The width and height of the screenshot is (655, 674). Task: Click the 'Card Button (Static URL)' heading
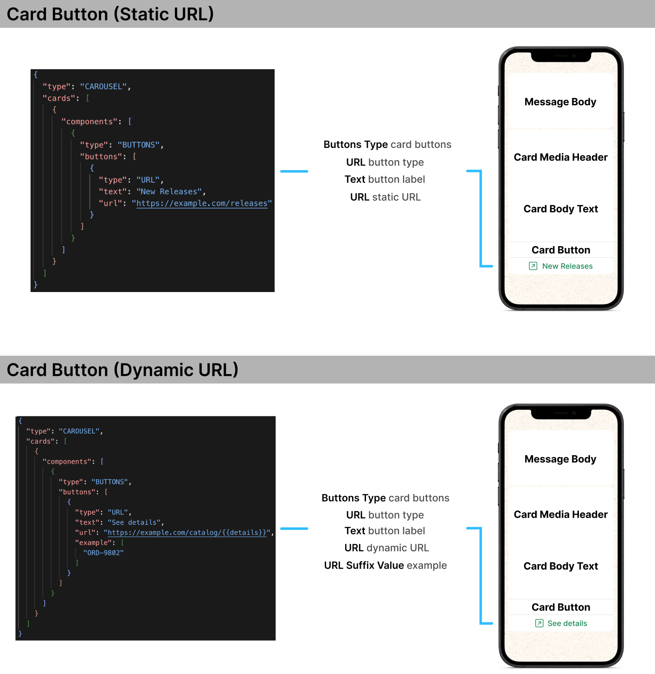coord(110,14)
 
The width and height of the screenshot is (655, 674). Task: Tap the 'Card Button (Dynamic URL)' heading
coord(122,369)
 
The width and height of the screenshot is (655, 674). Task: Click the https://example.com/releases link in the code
coord(202,203)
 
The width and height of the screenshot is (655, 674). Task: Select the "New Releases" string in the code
coord(169,191)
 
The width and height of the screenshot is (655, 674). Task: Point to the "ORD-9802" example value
coord(103,553)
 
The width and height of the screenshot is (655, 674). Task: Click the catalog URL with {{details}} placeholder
coord(187,532)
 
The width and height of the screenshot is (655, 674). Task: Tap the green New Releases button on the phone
coord(561,266)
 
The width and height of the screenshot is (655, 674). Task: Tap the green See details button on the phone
coord(561,623)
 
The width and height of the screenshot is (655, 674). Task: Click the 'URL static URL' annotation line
coord(385,197)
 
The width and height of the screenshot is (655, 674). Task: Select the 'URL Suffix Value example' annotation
coord(385,565)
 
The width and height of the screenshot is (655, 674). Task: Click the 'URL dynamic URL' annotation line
coord(386,547)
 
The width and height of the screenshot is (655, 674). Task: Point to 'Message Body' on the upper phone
coord(560,102)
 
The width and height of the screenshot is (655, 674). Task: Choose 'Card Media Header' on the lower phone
coord(560,515)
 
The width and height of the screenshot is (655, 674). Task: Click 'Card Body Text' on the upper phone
coord(560,209)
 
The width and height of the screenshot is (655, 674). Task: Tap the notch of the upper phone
coord(561,57)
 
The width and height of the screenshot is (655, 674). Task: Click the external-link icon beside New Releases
coord(533,266)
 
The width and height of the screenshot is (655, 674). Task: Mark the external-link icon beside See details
coord(539,623)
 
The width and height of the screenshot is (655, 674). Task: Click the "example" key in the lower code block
coord(93,543)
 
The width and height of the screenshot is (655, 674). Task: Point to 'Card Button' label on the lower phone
coord(560,607)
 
